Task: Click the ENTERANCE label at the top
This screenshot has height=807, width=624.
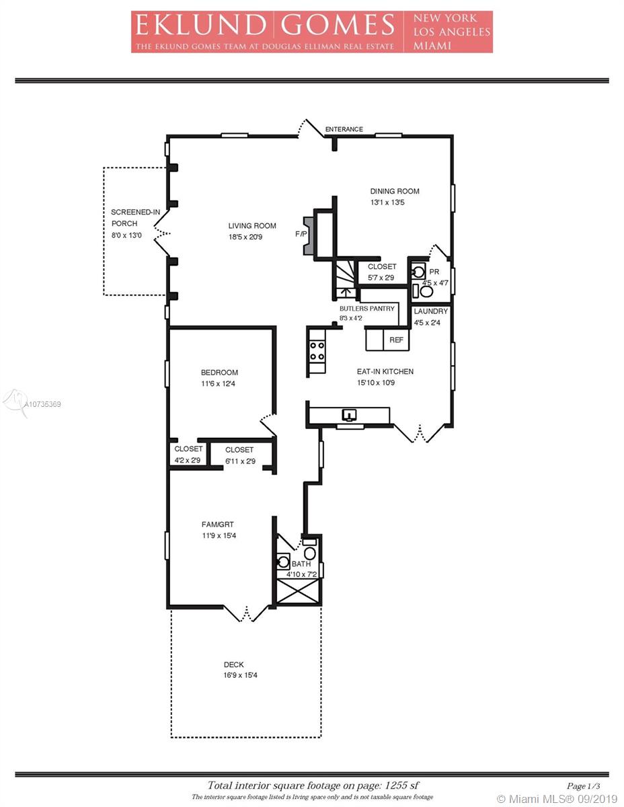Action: tap(344, 129)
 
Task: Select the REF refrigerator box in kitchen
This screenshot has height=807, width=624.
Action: tap(396, 340)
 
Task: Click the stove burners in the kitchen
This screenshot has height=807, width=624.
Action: tap(317, 351)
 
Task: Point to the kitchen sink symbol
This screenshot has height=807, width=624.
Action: tap(350, 414)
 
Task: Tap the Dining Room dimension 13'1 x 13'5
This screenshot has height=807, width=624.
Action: tap(387, 202)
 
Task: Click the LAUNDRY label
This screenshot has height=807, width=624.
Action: tap(431, 311)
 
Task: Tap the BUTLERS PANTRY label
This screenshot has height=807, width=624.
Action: tap(366, 309)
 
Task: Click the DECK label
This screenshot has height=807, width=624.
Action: tap(234, 664)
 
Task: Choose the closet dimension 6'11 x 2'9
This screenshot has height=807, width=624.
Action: tap(240, 461)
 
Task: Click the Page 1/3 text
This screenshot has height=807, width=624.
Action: tap(583, 785)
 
